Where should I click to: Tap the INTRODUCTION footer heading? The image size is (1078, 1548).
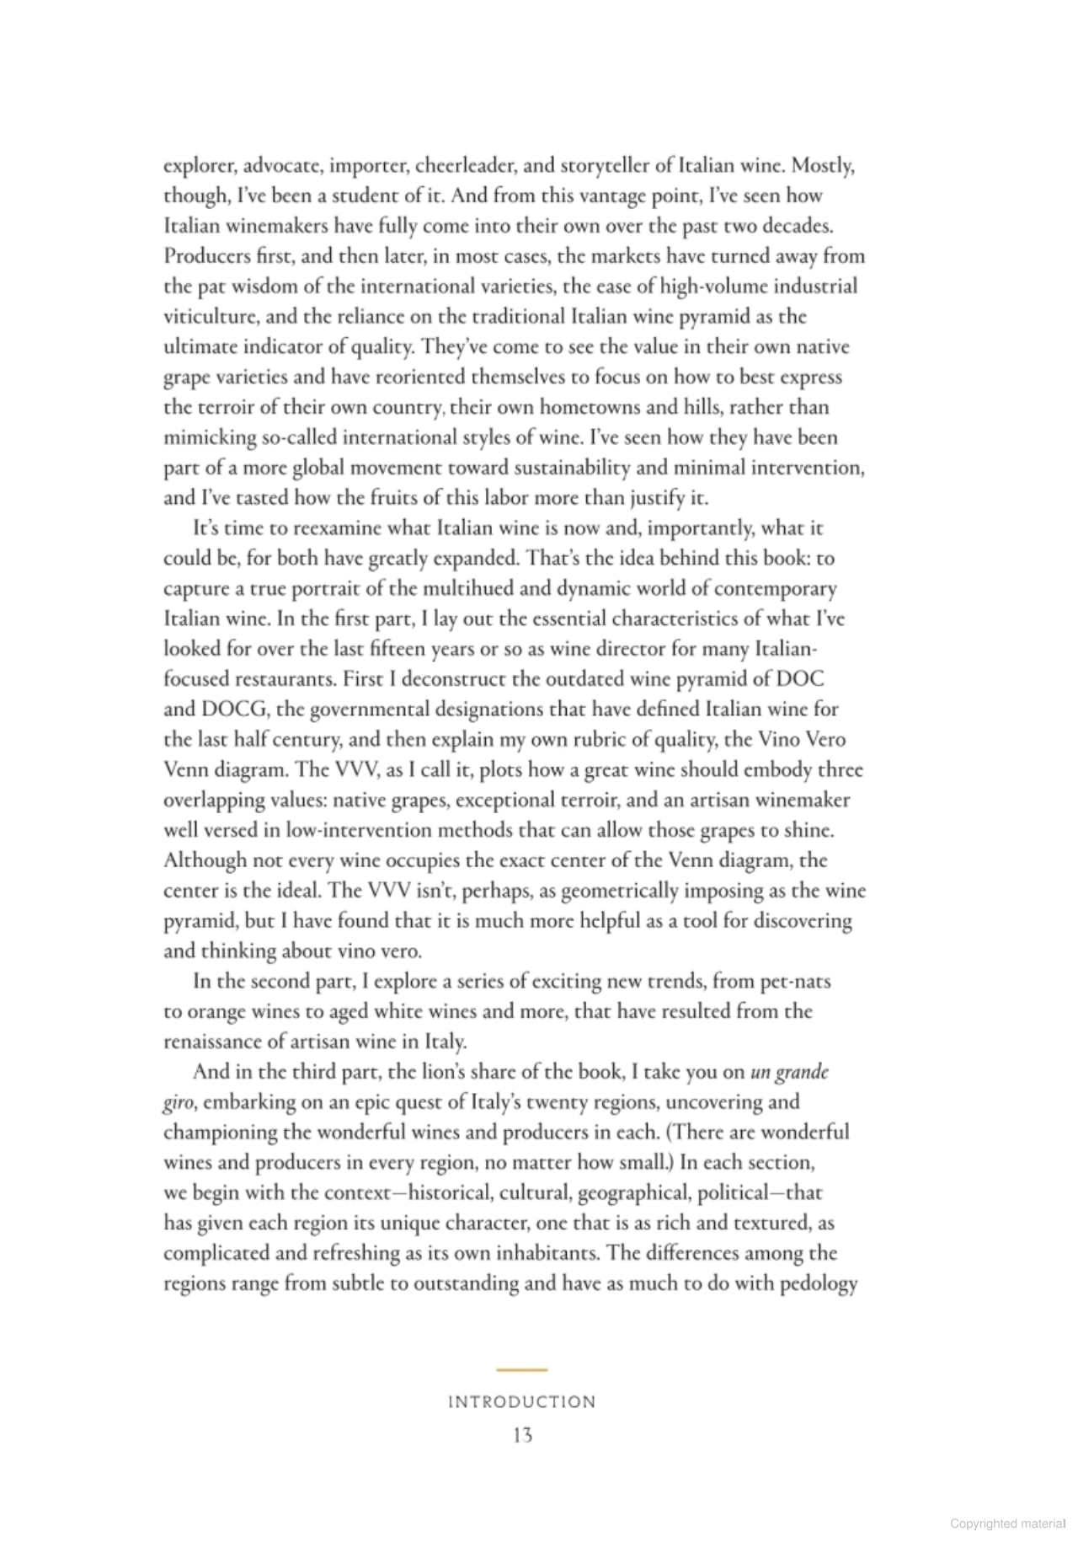pyautogui.click(x=521, y=1402)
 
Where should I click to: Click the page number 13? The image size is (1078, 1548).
pyautogui.click(x=522, y=1434)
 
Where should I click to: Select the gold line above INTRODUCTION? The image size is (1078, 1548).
pyautogui.click(x=521, y=1370)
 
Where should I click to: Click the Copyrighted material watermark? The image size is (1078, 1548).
pyautogui.click(x=1006, y=1523)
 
